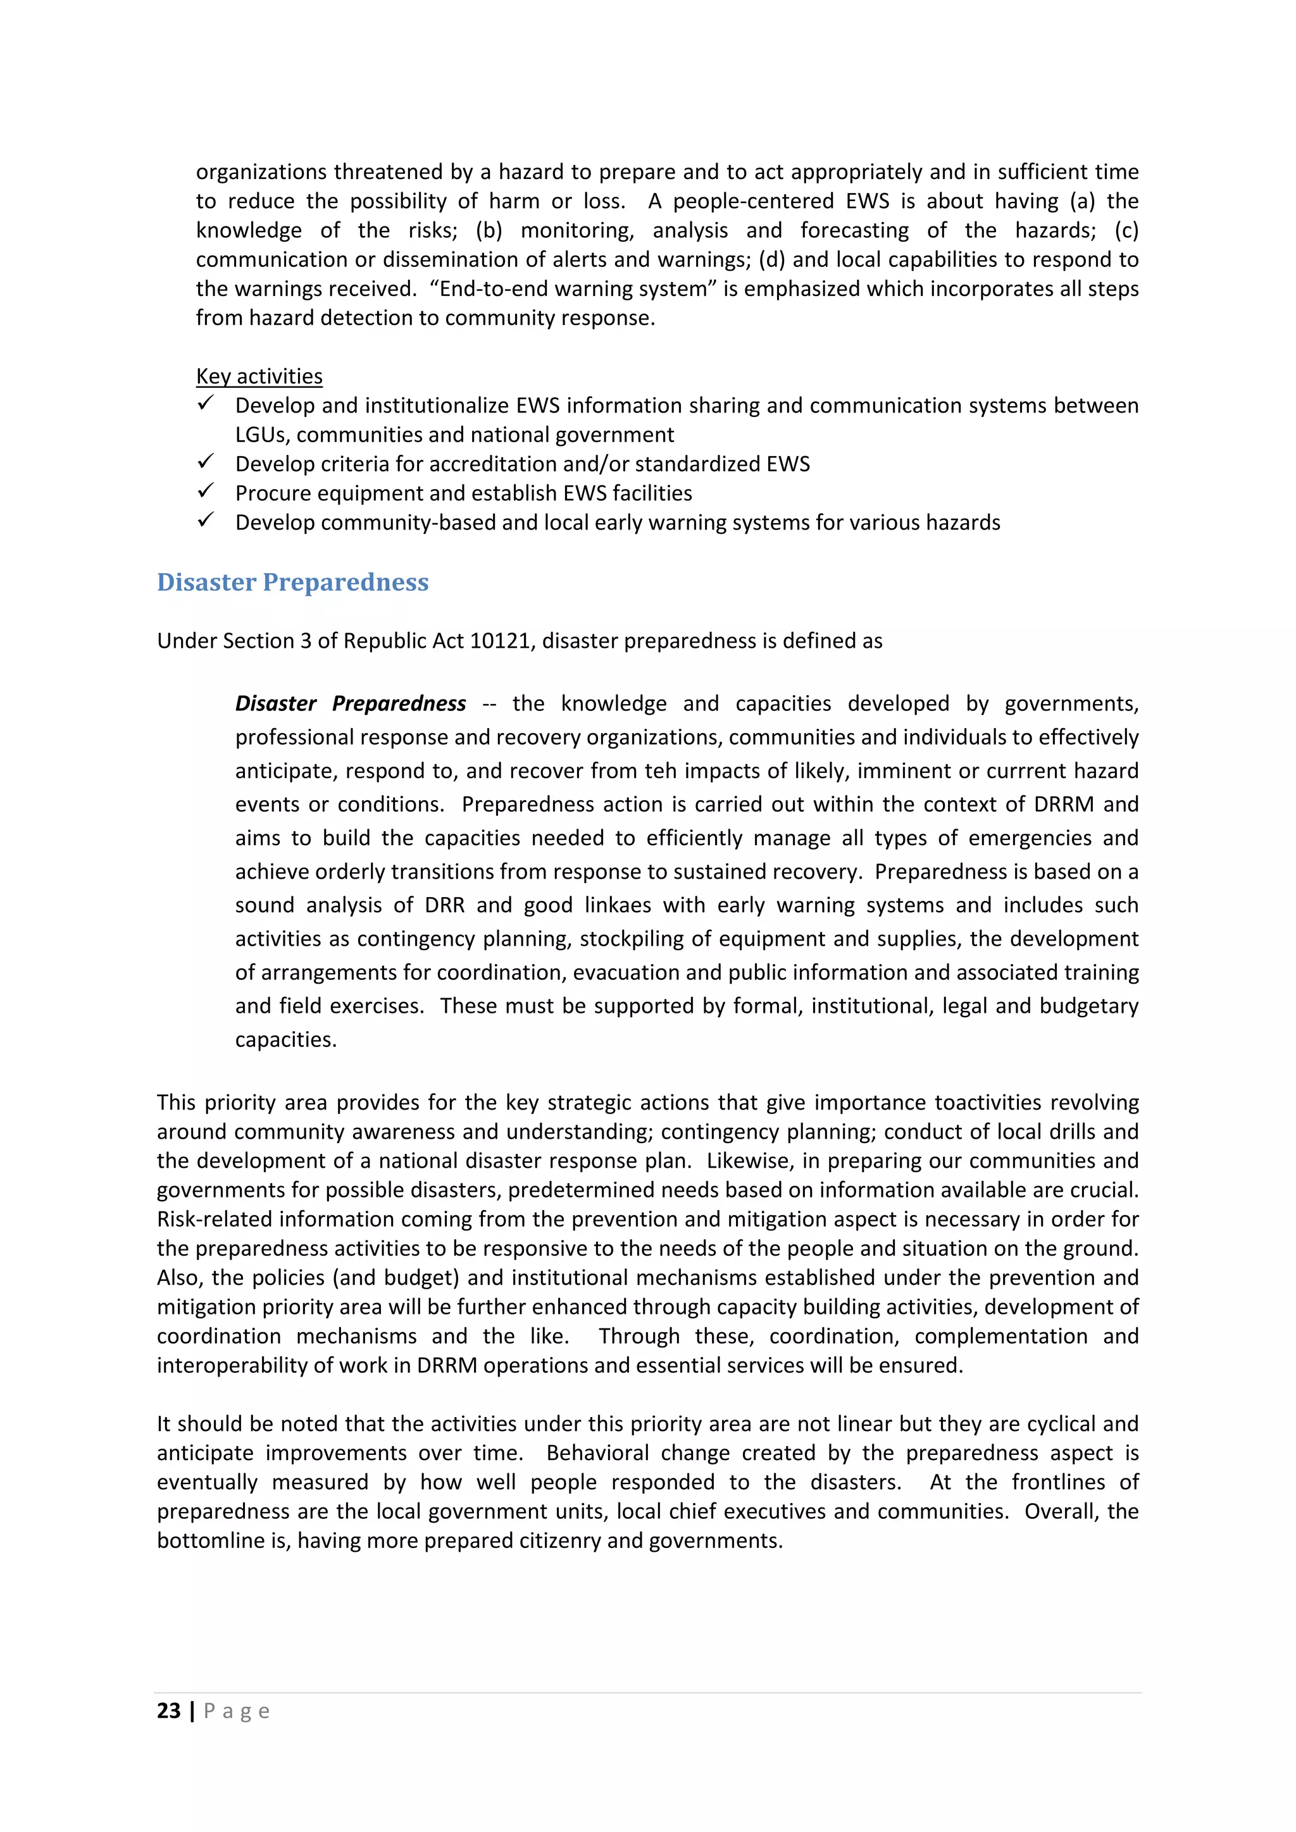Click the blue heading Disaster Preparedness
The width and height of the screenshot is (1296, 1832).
click(292, 583)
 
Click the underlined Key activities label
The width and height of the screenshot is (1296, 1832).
click(259, 376)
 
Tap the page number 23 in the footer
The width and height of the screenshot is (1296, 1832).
click(168, 1711)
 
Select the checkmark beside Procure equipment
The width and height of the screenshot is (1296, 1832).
click(206, 492)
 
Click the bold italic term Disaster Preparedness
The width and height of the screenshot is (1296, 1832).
click(351, 703)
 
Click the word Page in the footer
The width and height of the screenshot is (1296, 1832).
click(237, 1711)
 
